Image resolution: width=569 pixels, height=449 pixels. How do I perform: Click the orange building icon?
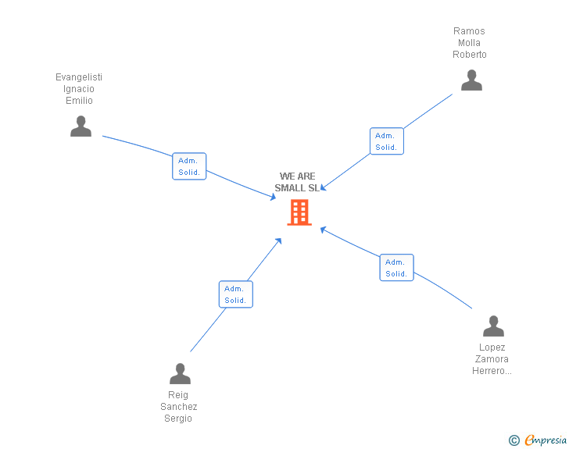299,212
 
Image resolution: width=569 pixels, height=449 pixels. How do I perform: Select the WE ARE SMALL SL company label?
297,182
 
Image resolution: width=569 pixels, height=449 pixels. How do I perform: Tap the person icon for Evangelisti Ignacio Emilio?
81,127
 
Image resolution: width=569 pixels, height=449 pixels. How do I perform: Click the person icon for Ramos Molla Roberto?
471,80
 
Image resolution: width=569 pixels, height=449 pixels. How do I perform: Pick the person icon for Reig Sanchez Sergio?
180,374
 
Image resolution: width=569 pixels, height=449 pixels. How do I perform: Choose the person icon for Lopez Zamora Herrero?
493,326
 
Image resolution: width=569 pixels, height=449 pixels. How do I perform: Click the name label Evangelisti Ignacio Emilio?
79,89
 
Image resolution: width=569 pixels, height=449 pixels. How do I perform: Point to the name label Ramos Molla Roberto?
470,43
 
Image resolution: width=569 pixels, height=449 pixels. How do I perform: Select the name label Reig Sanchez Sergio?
179,407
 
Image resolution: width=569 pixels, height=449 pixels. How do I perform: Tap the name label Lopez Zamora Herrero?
492,359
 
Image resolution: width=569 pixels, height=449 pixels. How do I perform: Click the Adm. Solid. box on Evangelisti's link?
189,166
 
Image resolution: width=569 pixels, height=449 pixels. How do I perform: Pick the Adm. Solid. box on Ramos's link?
386,141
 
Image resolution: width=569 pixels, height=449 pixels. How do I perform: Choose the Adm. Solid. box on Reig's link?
235,294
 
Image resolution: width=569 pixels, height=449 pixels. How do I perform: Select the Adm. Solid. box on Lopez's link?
396,268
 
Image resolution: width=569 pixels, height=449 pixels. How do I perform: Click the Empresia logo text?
546,440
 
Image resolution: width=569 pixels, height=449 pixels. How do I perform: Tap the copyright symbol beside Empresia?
514,440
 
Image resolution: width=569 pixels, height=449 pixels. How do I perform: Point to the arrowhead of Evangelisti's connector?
273,198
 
